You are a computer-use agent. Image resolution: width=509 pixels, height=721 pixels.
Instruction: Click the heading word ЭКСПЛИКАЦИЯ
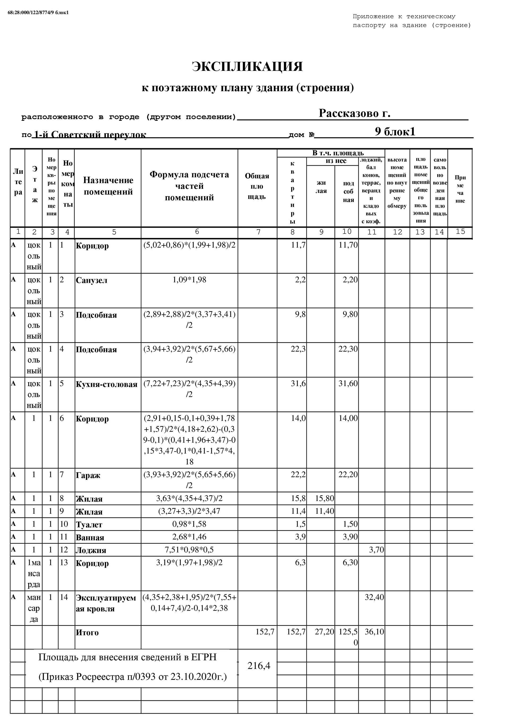coord(247,67)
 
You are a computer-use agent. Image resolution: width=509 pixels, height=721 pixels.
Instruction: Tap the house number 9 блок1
coord(395,131)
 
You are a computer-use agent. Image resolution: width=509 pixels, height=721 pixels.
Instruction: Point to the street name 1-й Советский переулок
coord(90,135)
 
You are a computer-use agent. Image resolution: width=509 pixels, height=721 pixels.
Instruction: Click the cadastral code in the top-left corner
coord(38,12)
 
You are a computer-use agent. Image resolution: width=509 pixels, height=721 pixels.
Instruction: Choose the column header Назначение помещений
coord(108,186)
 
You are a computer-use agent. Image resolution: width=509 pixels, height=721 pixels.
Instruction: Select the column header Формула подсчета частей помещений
coord(189,186)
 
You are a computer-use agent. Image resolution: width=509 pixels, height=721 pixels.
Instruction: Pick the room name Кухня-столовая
coord(106,384)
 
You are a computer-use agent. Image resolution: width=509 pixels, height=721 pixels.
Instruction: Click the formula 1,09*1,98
coord(189,279)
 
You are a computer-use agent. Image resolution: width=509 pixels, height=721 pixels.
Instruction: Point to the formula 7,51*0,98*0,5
coord(189,550)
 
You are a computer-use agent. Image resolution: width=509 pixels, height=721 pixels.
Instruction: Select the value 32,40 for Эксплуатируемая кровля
coord(374,597)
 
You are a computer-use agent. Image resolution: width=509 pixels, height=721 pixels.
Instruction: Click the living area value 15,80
coord(324,498)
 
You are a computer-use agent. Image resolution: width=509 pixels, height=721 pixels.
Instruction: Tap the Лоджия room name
coord(91,550)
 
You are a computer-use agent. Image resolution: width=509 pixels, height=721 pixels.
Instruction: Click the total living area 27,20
coord(324,632)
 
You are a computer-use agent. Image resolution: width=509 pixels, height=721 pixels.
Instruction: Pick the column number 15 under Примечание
coord(460,231)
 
